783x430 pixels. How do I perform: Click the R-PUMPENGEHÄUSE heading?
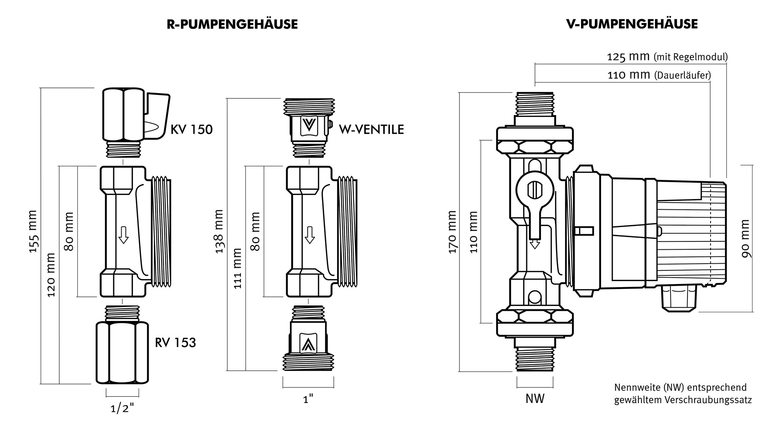point(232,25)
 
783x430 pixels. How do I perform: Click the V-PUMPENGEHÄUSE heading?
point(632,24)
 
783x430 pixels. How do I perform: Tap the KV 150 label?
point(191,130)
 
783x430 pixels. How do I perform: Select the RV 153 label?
point(175,342)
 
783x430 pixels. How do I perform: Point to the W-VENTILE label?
point(371,130)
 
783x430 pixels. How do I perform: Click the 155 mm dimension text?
point(34,232)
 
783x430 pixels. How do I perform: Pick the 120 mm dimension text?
point(51,275)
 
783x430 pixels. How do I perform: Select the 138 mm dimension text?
point(219,232)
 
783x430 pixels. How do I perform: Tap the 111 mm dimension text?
point(237,269)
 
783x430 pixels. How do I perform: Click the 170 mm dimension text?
point(453,232)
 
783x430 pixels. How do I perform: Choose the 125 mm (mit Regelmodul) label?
point(667,57)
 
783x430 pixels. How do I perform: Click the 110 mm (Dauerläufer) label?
point(659,75)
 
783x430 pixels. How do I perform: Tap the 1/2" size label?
point(122,408)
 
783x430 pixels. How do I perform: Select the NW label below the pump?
point(535,399)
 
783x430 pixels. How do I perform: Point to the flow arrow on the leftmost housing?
point(123,235)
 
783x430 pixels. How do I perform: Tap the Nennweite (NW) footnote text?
point(683,393)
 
